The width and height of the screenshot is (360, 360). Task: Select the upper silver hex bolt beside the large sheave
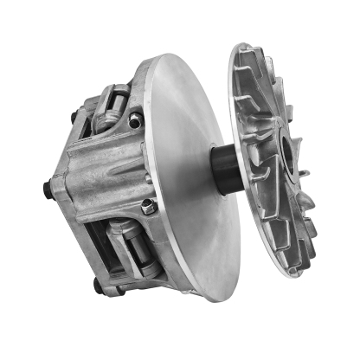pos(134,122)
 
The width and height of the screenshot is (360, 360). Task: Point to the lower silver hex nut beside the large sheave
pos(148,205)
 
